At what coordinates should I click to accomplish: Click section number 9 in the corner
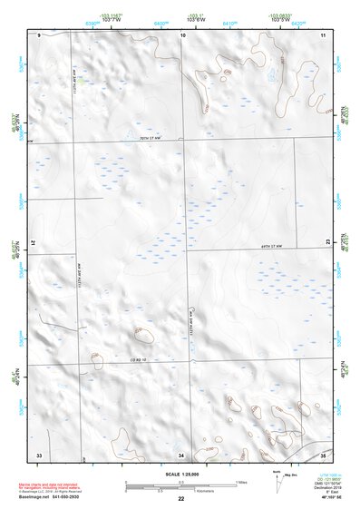41,34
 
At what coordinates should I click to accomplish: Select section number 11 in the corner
323,34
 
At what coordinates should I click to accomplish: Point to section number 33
39,453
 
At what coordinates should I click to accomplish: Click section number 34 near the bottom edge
181,453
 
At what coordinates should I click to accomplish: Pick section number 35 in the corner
323,453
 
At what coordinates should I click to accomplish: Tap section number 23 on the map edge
327,242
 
